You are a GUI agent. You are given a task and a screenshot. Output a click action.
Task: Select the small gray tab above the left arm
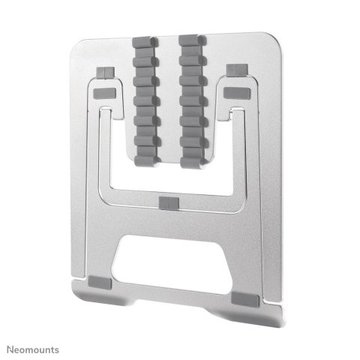tap(106, 71)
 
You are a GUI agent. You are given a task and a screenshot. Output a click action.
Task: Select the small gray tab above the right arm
tap(235, 70)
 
